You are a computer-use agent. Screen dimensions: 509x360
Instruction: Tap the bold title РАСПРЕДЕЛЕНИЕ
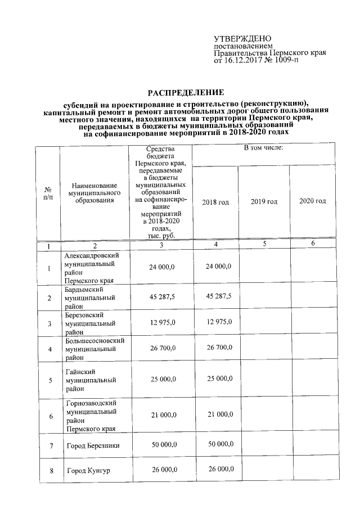click(185, 92)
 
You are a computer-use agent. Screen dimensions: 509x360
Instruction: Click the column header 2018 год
click(215, 201)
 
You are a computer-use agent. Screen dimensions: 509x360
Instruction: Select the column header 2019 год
click(264, 201)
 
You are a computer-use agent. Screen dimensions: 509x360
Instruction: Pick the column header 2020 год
click(313, 201)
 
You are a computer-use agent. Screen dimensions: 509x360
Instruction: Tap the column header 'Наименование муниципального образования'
click(94, 192)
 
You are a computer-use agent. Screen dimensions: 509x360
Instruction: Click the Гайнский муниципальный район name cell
click(91, 380)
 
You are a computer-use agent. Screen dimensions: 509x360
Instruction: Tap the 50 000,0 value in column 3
click(162, 444)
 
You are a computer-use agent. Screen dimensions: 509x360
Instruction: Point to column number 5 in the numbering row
click(264, 244)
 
